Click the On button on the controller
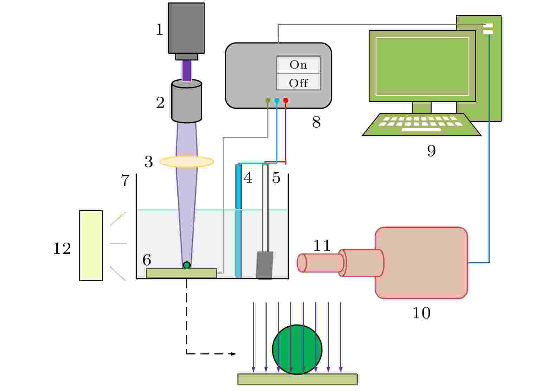[x=298, y=65]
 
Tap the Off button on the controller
[x=298, y=83]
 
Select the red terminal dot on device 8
[x=286, y=101]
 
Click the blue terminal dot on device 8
[x=277, y=101]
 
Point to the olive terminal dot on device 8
[x=268, y=101]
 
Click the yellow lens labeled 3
[x=187, y=162]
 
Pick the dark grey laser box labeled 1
[x=186, y=28]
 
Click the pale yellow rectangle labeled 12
[x=91, y=245]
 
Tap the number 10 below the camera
[x=421, y=313]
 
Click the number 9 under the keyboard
[x=431, y=150]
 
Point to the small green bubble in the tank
[x=187, y=265]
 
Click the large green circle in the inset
[x=297, y=349]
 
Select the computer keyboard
[x=421, y=124]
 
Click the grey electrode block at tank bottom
[x=265, y=265]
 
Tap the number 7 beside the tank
[x=126, y=180]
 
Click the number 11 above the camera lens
[x=322, y=246]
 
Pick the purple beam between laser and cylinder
[x=187, y=70]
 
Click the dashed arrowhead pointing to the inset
[x=233, y=354]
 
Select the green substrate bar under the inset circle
[x=297, y=379]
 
